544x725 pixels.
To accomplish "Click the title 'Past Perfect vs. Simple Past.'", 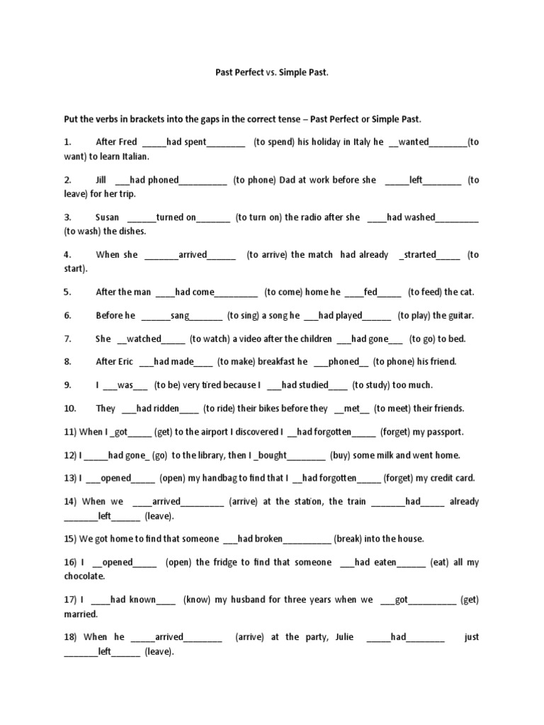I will pyautogui.click(x=272, y=72).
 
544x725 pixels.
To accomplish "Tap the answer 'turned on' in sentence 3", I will pyautogui.click(x=176, y=217).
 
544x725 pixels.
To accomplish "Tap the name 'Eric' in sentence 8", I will pyautogui.click(x=124, y=362).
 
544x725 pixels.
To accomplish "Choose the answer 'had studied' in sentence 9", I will pyautogui.click(x=305, y=385).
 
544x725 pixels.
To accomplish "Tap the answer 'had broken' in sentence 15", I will pyautogui.click(x=260, y=539).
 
